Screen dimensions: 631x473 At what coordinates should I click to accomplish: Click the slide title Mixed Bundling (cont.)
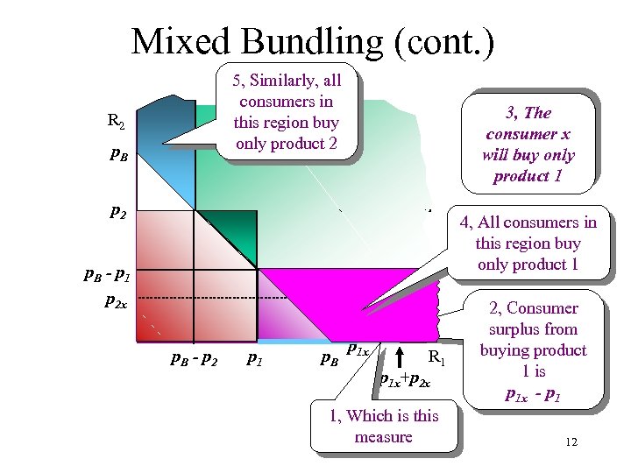313,41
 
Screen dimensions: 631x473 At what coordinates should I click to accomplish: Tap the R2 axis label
117,121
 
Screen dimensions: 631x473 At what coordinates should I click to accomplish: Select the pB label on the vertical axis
119,156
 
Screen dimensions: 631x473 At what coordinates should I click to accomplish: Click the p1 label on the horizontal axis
254,357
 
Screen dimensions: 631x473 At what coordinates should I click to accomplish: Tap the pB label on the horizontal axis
329,358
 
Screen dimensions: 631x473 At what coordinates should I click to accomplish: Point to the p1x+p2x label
404,380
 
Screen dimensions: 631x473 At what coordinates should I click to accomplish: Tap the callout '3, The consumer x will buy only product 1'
528,145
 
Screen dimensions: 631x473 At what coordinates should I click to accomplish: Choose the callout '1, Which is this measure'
383,426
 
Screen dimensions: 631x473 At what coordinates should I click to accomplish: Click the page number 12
571,442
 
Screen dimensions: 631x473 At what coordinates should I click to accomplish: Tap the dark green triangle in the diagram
233,229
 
